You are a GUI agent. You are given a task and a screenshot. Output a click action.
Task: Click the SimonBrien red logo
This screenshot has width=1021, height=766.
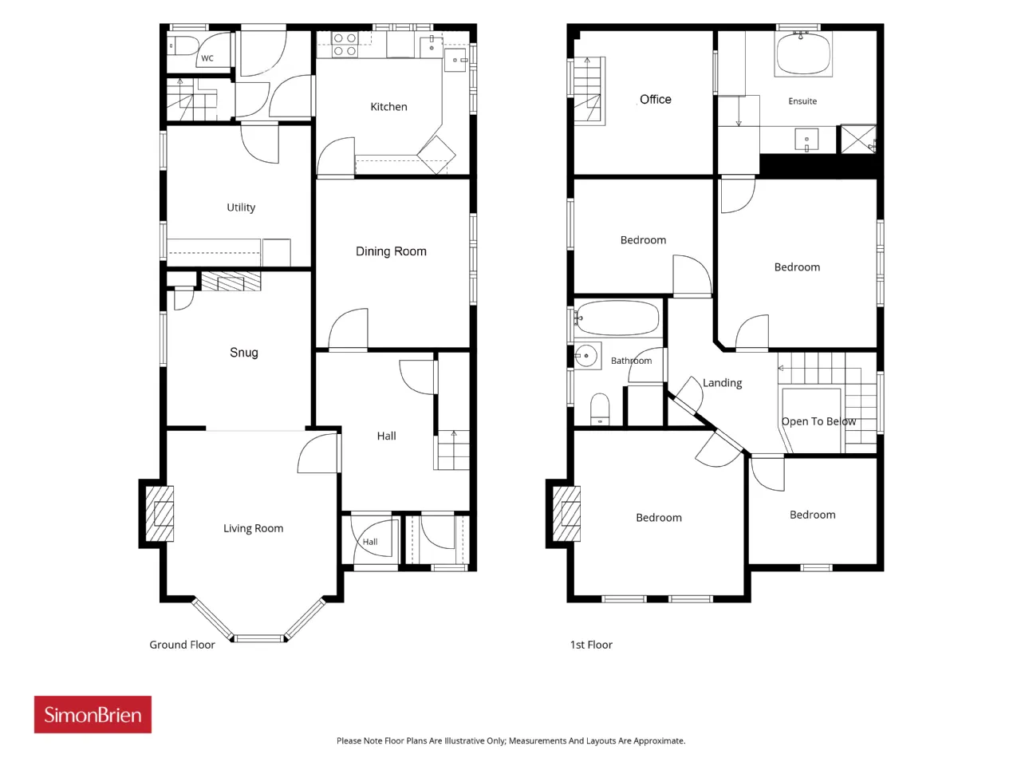pos(93,714)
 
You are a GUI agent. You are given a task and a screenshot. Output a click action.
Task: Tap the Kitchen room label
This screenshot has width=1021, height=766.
pos(389,107)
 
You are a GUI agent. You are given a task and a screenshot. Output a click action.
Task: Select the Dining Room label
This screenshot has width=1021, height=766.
pos(391,251)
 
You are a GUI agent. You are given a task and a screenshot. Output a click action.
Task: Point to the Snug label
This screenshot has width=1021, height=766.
pos(244,353)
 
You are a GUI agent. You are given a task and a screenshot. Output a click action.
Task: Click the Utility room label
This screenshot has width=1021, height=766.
pos(241,207)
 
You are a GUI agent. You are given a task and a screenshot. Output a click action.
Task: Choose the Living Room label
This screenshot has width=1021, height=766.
pos(253,528)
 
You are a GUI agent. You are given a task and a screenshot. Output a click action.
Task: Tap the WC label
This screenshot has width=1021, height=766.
pos(207,58)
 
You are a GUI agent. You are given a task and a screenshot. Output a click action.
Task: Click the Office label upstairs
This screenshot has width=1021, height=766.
pos(656,99)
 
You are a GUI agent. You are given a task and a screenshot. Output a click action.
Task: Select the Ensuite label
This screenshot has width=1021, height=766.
pos(802,101)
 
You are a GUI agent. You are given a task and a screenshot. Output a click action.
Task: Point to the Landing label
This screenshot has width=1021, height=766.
pos(723,383)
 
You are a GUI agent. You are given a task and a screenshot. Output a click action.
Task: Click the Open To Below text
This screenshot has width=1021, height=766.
pos(818,421)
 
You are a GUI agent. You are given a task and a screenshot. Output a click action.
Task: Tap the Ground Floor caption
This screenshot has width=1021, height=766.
pos(183,645)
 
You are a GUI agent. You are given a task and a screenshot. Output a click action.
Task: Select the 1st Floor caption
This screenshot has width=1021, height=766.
pos(591,645)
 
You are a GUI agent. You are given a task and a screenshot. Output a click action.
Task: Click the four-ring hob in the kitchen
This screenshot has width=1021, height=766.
pos(345,45)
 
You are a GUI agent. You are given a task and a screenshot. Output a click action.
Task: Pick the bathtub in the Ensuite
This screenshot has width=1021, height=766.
pos(803,53)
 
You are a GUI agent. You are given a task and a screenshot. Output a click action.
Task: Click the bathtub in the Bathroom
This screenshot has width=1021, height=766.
pos(617,318)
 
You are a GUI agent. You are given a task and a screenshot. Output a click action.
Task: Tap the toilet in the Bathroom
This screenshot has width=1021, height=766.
pos(600,409)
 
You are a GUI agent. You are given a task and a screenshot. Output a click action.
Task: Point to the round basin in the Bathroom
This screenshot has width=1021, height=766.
pos(588,356)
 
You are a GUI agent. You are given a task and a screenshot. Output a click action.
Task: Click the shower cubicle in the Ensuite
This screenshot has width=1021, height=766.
pos(858,139)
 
